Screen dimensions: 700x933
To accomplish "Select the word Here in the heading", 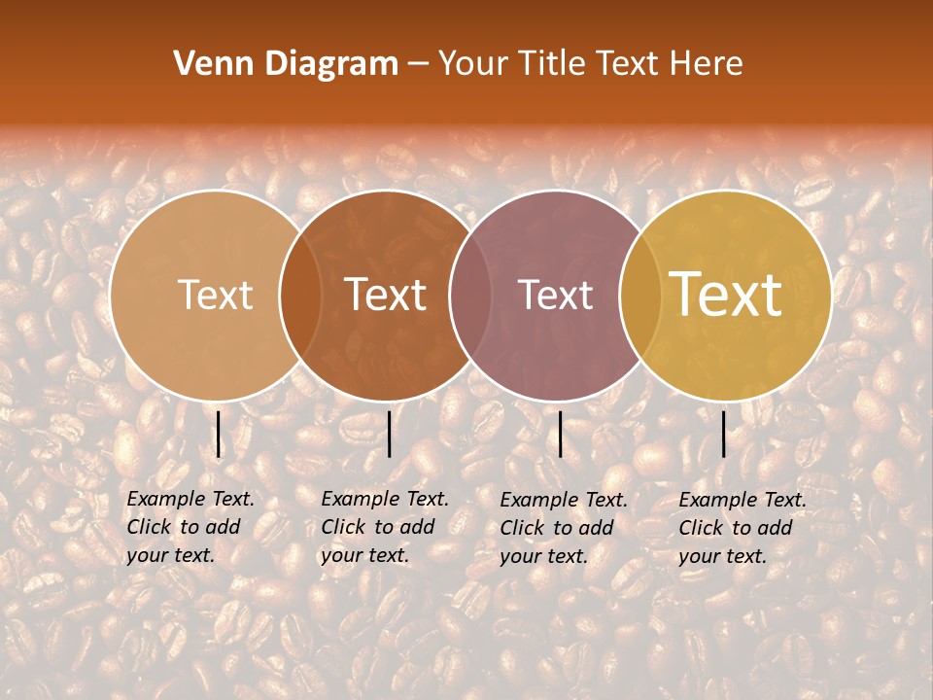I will coord(708,64).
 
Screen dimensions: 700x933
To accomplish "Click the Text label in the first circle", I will coord(215,295).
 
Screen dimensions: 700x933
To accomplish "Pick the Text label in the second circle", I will coord(386,295).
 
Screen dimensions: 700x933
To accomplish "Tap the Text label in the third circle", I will coord(556,295).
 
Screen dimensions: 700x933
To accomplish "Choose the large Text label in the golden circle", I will coord(726,295).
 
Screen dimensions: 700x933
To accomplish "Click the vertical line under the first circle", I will coord(219,434).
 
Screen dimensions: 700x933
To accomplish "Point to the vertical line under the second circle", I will coord(389,434).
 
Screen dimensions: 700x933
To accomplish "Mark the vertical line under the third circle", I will coord(561,434).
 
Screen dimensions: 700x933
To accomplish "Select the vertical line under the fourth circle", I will coord(724,434).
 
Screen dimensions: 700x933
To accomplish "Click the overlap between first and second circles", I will coord(300,295).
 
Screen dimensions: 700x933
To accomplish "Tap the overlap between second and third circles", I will coord(470,295).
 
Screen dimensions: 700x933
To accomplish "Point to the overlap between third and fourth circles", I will coord(640,295).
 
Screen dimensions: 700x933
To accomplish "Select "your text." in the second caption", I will coord(364,555).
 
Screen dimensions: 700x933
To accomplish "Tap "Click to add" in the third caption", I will coord(557,528).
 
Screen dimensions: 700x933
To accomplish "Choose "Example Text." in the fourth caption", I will coord(743,500).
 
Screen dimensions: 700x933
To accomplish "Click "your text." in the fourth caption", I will coord(722,556).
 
